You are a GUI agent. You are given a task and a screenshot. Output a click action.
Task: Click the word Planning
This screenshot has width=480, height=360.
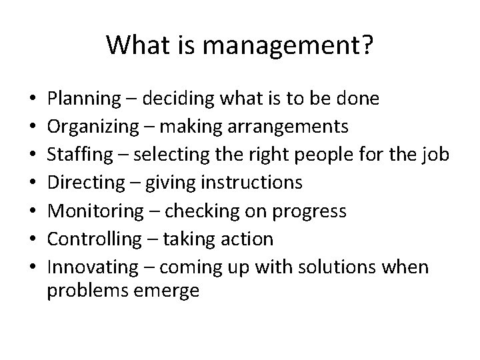(81, 100)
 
